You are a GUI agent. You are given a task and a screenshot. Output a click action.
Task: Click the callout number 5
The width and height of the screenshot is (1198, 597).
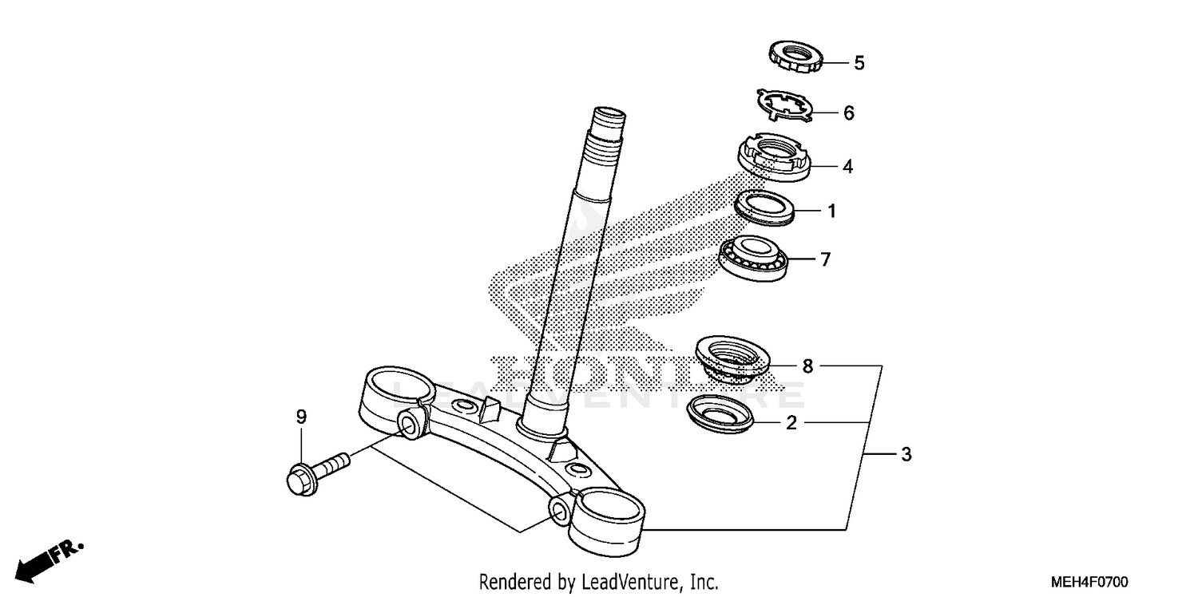pyautogui.click(x=859, y=63)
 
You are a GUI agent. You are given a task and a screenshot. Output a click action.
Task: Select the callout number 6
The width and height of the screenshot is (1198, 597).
pyautogui.click(x=848, y=113)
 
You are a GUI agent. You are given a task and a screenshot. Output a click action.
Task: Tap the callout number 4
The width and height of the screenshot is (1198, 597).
pyautogui.click(x=847, y=167)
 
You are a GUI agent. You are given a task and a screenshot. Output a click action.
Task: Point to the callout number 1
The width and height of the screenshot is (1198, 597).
pyautogui.click(x=831, y=212)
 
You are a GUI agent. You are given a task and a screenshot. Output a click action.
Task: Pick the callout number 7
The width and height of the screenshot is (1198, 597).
pyautogui.click(x=826, y=259)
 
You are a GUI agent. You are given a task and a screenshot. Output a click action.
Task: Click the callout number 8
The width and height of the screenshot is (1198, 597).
pyautogui.click(x=807, y=366)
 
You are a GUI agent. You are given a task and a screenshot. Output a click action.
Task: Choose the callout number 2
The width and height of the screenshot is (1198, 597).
pyautogui.click(x=791, y=423)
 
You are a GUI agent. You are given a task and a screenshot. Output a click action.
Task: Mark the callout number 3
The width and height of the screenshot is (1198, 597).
pyautogui.click(x=905, y=455)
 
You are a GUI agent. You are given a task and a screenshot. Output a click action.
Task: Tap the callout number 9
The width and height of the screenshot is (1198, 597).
pyautogui.click(x=301, y=417)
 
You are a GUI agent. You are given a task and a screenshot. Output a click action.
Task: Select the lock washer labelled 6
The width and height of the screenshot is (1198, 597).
pyautogui.click(x=784, y=105)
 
